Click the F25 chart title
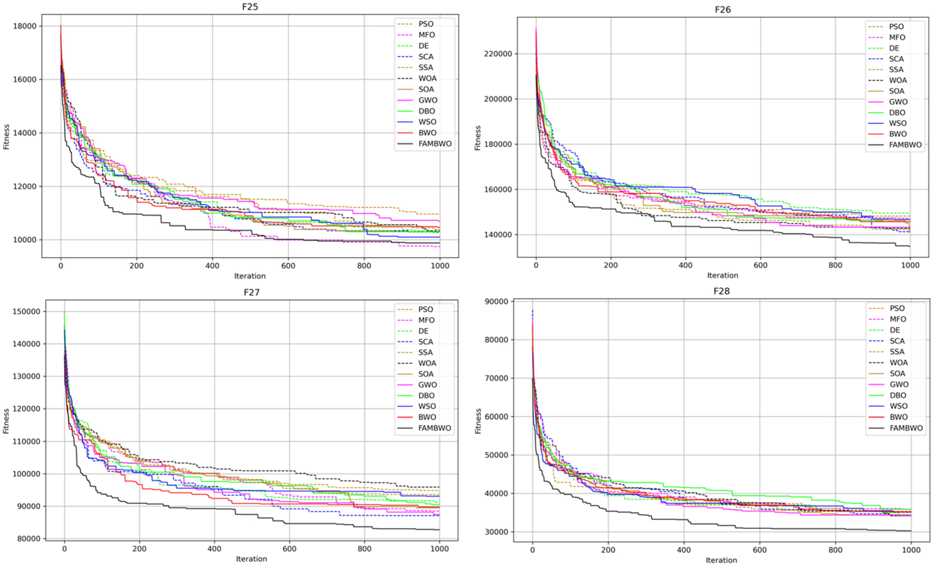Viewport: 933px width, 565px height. click(250, 7)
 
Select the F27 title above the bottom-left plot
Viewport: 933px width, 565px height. click(252, 292)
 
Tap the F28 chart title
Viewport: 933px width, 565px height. click(721, 291)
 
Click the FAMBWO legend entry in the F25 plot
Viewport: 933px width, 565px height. click(435, 144)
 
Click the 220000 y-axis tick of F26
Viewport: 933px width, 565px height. click(498, 54)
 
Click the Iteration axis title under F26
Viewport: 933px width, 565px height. click(722, 275)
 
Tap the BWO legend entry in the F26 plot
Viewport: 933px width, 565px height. click(898, 134)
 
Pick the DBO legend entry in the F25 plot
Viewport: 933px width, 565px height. click(426, 111)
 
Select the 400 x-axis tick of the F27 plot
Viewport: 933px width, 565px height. click(214, 549)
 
